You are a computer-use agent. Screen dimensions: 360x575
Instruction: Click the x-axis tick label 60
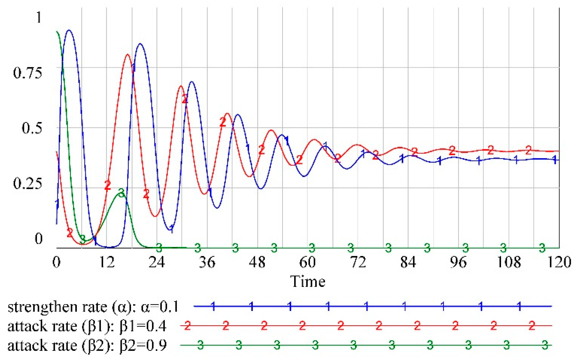(307, 262)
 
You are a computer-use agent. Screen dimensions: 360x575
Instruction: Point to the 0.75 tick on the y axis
(28, 73)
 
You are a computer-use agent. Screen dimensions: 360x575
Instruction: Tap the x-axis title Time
(308, 282)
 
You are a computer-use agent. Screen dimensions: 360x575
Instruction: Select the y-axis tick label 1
(39, 17)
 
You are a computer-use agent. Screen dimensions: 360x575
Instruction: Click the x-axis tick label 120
(559, 262)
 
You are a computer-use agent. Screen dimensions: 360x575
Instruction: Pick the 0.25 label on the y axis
(28, 183)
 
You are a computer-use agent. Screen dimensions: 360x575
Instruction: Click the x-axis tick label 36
(207, 262)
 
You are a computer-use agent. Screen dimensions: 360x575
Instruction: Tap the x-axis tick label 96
(458, 262)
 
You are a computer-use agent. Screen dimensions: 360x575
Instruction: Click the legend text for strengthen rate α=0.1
(93, 307)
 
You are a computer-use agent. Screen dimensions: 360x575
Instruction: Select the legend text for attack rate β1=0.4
(87, 326)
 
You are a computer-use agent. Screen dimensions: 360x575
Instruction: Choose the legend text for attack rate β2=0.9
(87, 345)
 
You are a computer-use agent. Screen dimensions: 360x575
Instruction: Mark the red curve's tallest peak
(127, 54)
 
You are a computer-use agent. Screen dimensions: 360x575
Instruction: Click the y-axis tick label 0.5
(32, 128)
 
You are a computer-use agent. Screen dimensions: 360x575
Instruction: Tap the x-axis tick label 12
(107, 262)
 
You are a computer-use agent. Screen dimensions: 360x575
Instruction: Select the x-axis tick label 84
(408, 262)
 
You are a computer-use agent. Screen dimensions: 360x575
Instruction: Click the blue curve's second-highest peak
(140, 44)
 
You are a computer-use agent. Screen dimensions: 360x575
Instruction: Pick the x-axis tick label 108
(509, 262)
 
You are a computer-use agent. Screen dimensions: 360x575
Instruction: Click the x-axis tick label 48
(257, 262)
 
